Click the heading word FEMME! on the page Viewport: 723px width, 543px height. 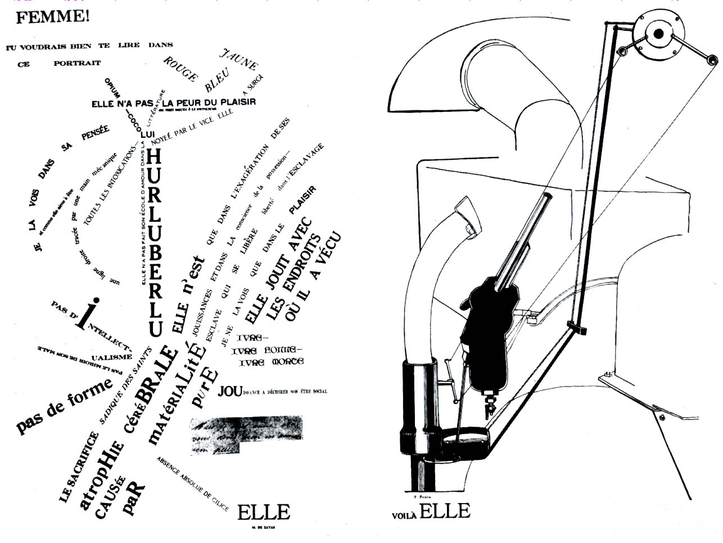[x=52, y=17]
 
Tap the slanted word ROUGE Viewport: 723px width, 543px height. [x=180, y=69]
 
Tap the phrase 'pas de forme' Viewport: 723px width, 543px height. [x=64, y=406]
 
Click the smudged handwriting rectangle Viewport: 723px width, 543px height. [x=245, y=435]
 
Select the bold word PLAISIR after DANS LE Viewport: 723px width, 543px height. [x=302, y=200]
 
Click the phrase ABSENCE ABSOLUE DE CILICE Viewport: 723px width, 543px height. [x=192, y=484]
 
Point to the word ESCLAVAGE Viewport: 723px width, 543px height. [x=306, y=159]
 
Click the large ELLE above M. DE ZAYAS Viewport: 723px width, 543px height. [x=263, y=512]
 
